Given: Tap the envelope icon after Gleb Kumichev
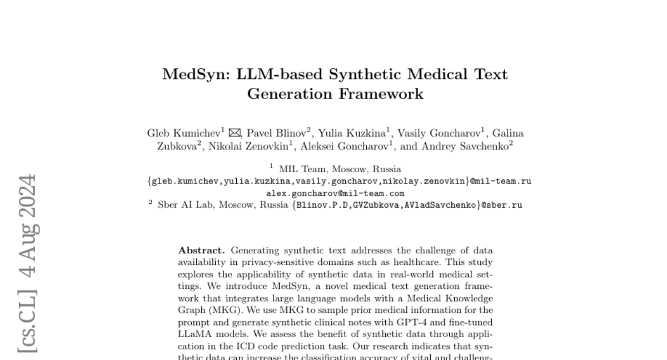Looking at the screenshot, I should [x=235, y=133].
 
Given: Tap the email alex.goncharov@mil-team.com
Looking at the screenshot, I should [x=335, y=193].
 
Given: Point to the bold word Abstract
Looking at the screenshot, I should [x=201, y=251].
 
